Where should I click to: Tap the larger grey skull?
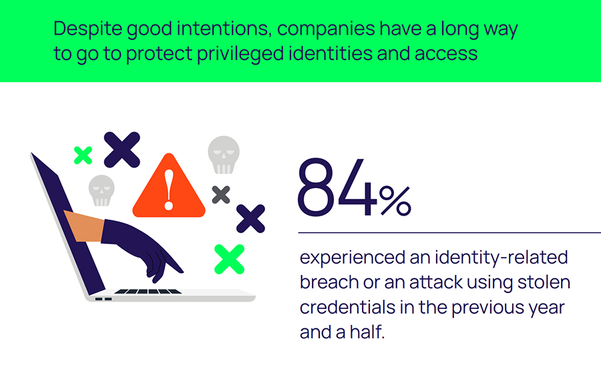[223, 155]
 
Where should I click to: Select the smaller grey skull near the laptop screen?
[102, 190]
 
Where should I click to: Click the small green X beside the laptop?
[83, 155]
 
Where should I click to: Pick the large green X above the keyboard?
[229, 259]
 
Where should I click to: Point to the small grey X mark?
[220, 195]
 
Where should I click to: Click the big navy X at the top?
[122, 149]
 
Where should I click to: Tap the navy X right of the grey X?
[250, 219]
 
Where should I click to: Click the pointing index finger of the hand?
[175, 267]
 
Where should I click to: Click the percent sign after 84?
[395, 201]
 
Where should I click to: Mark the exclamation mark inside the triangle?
[169, 188]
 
